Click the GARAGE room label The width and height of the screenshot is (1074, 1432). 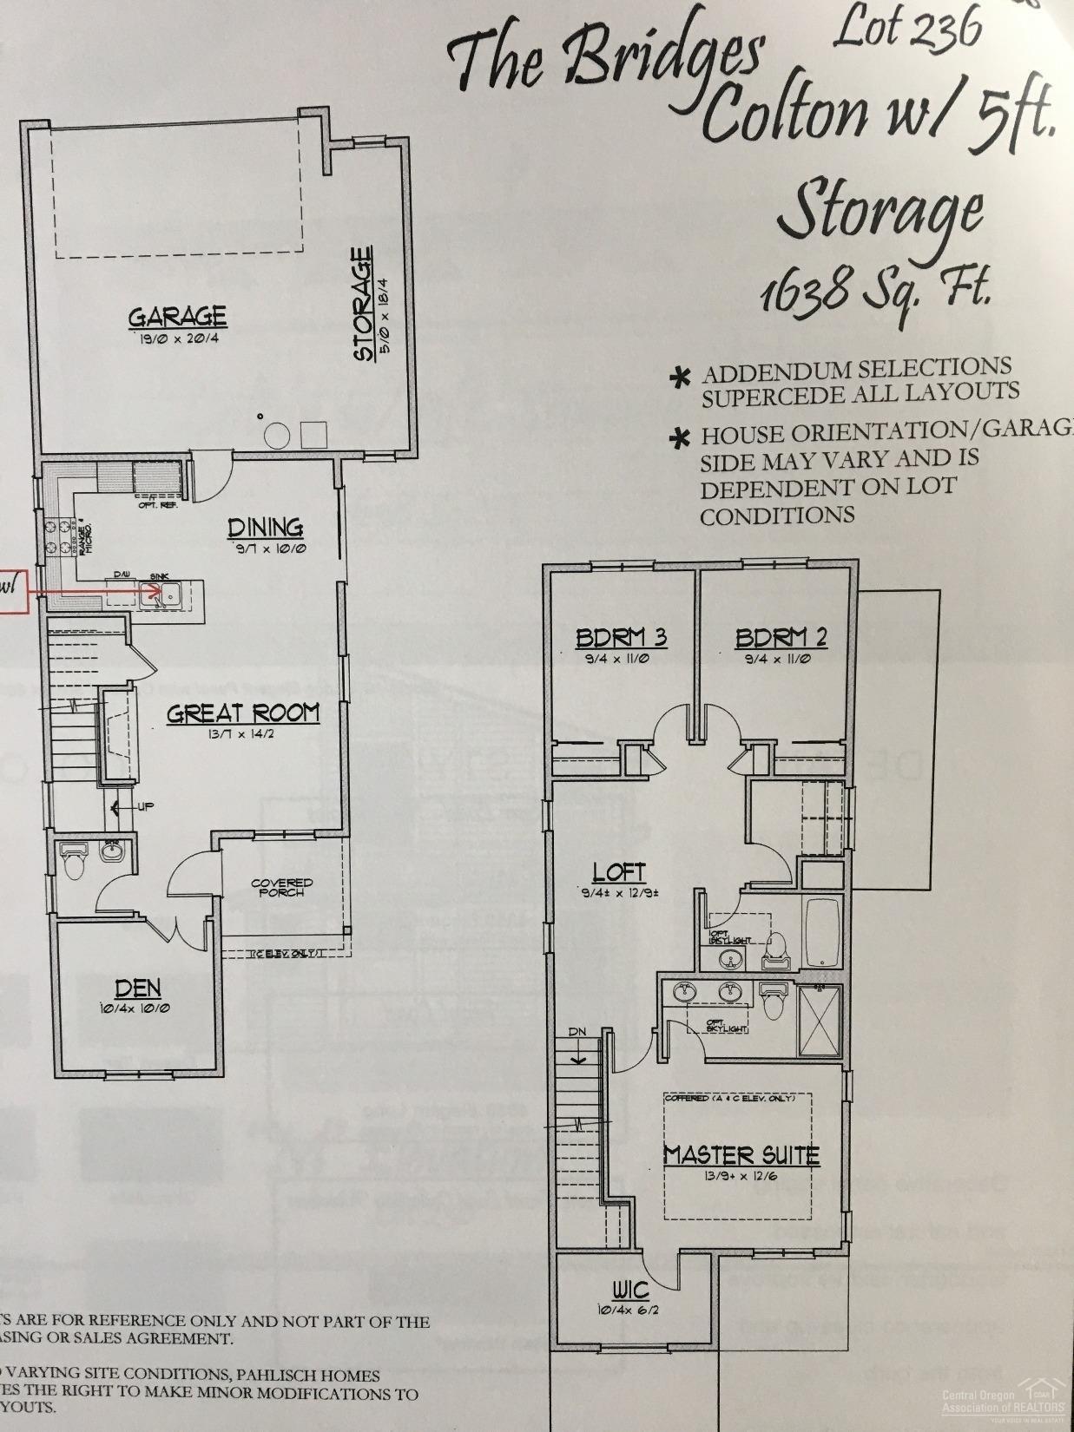click(178, 317)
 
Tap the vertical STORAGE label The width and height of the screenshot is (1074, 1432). click(362, 304)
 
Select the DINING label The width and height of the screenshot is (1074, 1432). click(266, 527)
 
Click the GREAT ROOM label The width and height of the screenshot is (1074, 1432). click(243, 713)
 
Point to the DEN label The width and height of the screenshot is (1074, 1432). click(138, 988)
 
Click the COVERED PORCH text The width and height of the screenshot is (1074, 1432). click(281, 887)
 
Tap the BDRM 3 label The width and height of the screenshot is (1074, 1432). click(621, 638)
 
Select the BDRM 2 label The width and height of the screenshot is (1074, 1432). click(781, 638)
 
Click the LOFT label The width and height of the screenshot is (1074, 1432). click(619, 871)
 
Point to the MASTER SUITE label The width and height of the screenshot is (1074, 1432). click(741, 1155)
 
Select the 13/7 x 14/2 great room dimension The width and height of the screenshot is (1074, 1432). click(243, 734)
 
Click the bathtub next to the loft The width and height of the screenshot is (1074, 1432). click(822, 932)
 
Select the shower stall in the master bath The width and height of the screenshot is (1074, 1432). click(818, 1011)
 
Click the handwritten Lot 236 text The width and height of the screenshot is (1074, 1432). click(906, 28)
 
